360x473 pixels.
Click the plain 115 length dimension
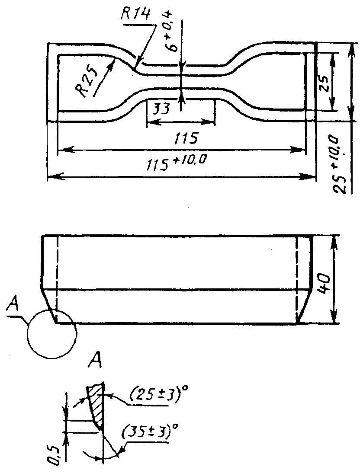(x=186, y=138)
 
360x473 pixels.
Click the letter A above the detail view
(x=95, y=361)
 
